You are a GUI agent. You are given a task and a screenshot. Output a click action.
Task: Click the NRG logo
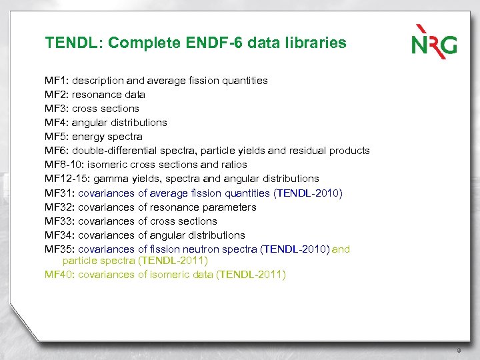click(x=434, y=41)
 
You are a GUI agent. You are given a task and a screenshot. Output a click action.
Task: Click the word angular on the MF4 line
click(x=92, y=123)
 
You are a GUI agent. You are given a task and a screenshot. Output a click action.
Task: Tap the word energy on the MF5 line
click(x=89, y=137)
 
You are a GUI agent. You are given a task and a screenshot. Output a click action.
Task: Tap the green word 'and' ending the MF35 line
click(x=341, y=249)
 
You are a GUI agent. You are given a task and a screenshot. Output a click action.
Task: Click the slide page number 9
click(x=459, y=350)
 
